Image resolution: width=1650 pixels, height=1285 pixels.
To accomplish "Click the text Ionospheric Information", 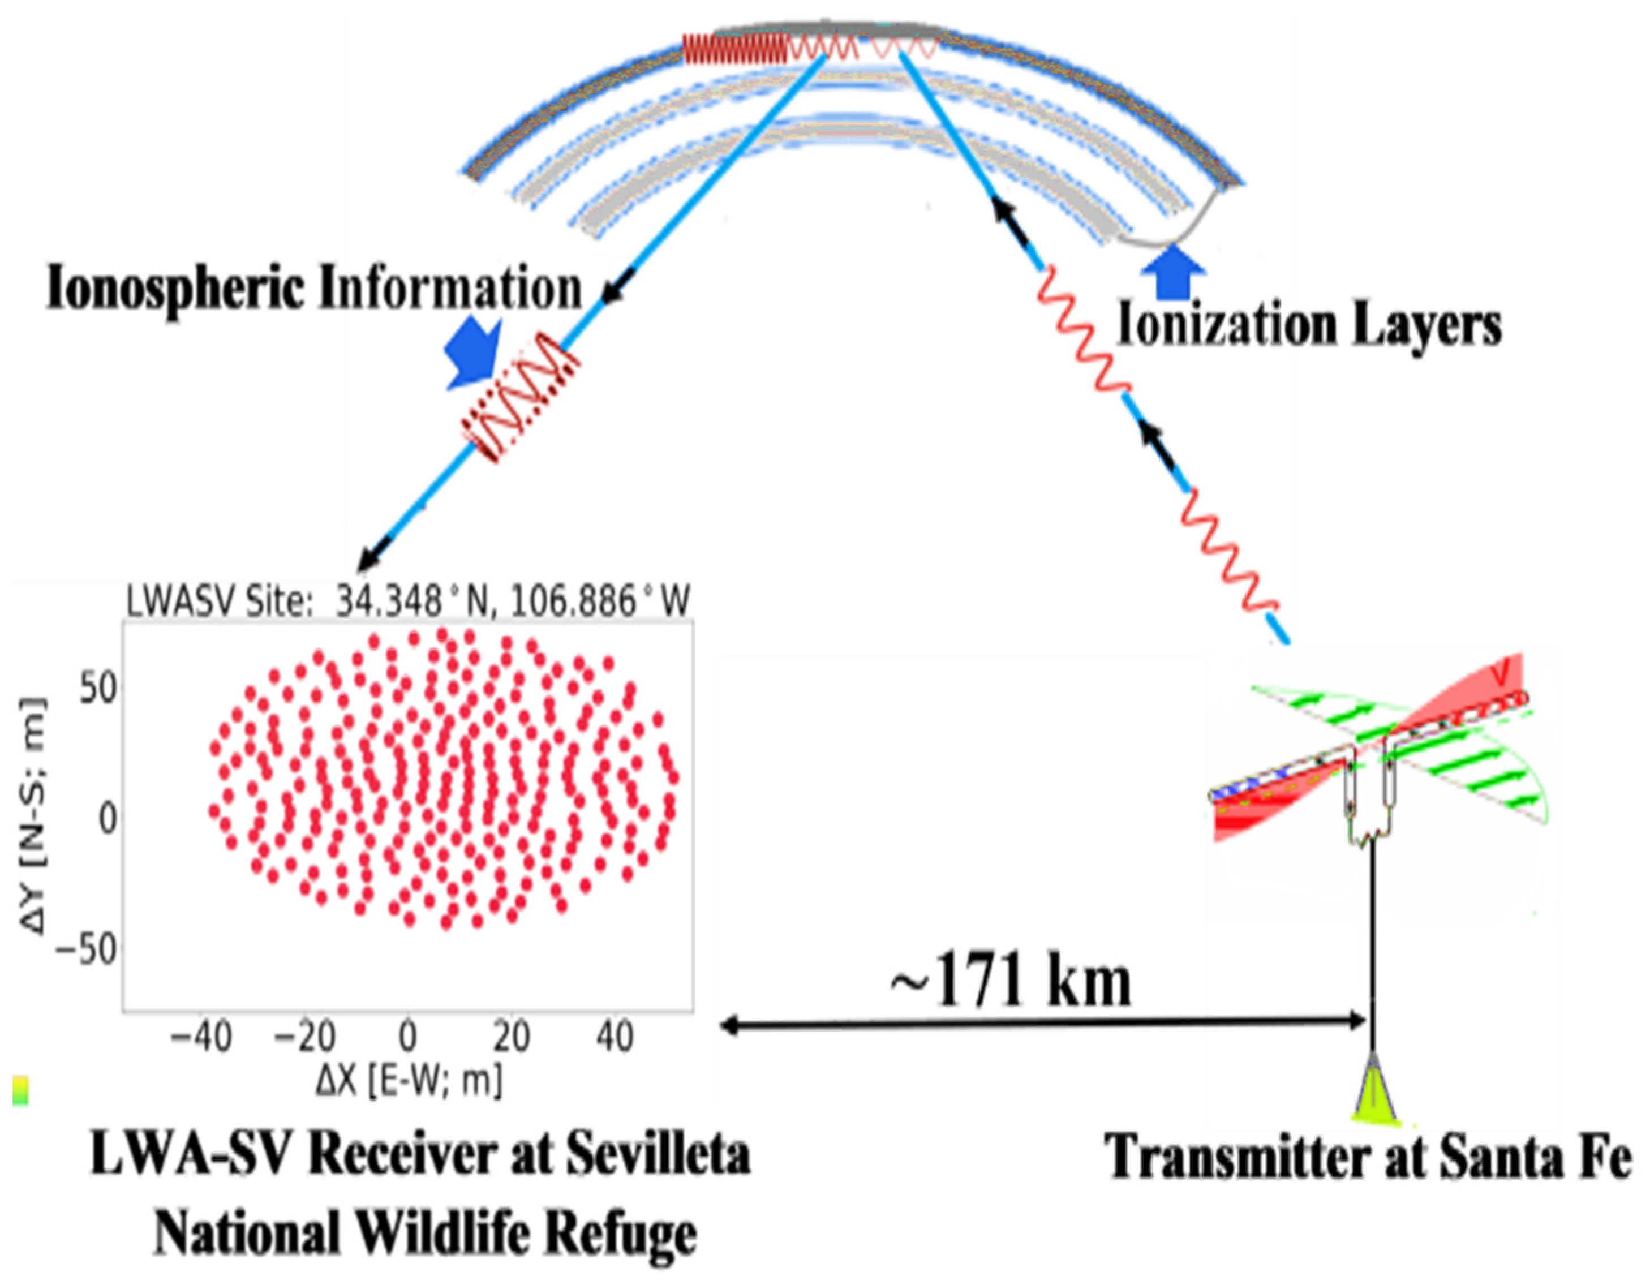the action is click(x=313, y=289).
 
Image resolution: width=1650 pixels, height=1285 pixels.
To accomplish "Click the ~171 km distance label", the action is click(x=1011, y=983).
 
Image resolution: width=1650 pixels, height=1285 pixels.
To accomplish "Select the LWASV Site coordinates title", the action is click(x=408, y=602).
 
